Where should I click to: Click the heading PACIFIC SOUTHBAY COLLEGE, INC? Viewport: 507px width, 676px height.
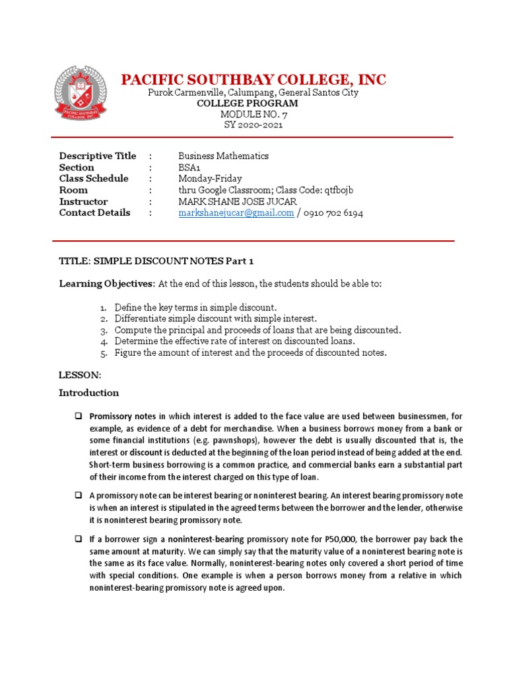253,80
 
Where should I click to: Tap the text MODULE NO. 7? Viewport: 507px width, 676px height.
254,114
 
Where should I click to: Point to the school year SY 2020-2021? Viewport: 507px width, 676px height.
254,125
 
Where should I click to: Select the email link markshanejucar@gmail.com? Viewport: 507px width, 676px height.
236,213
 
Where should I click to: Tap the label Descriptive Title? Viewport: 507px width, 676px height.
98,156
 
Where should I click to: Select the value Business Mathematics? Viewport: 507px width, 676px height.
223,156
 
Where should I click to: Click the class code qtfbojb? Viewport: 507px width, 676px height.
337,190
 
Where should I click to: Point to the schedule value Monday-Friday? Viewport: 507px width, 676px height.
210,179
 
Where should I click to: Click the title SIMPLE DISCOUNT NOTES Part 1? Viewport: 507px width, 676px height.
174,261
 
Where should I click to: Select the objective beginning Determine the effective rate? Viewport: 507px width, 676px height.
234,341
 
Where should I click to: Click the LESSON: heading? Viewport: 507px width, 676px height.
80,375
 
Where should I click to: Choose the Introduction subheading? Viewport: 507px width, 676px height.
89,393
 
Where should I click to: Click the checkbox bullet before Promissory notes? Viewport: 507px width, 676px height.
77,417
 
